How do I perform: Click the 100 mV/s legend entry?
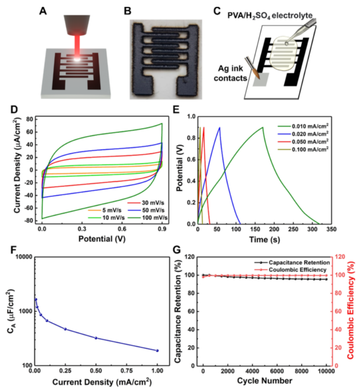pos(152,217)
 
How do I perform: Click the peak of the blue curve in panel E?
pos(220,127)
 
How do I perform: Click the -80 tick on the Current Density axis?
pos(30,221)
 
